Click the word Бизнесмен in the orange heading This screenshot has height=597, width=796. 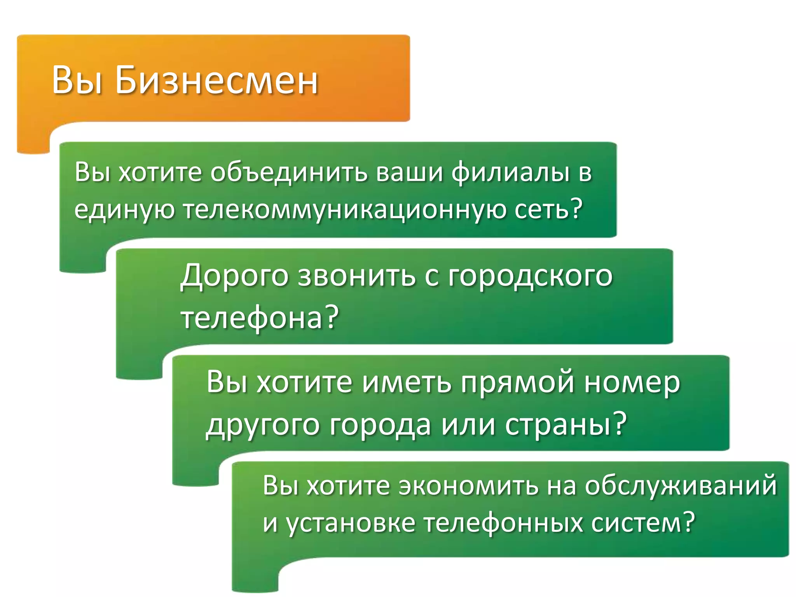tap(216, 80)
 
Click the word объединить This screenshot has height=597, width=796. tap(289, 173)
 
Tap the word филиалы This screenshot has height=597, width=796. tap(510, 173)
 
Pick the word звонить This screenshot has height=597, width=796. tap(356, 276)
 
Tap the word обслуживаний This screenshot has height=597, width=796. tap(681, 486)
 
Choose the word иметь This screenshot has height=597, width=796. tap(407, 383)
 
